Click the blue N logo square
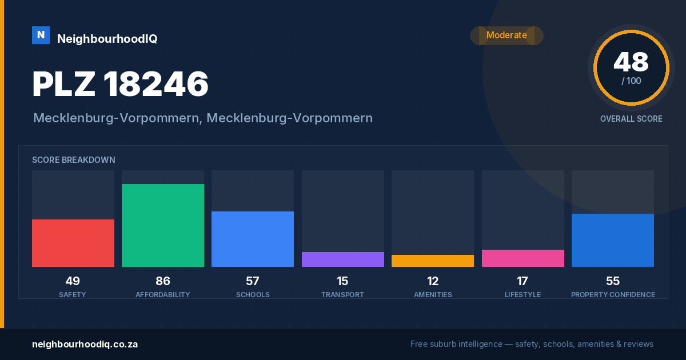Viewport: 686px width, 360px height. (x=41, y=35)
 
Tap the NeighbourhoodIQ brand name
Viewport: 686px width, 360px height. (x=107, y=39)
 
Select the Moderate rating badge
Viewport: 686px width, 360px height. (x=506, y=35)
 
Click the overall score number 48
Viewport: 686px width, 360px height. (x=631, y=62)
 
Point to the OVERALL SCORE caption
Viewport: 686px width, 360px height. (x=631, y=119)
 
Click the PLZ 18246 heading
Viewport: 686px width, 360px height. (x=121, y=84)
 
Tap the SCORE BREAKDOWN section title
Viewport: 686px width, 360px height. (x=74, y=160)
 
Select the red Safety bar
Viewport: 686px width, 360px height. (x=73, y=243)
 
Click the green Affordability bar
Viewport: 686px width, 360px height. (x=163, y=225)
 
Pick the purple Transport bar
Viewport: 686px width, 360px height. (x=343, y=259)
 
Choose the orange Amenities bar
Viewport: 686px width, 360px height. (x=433, y=261)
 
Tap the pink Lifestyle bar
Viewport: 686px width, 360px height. (x=523, y=258)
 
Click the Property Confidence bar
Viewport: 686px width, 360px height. (x=613, y=241)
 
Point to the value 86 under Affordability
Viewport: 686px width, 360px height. (x=162, y=281)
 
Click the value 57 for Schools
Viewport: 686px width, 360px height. (x=253, y=281)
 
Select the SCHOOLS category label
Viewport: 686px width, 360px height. (x=253, y=294)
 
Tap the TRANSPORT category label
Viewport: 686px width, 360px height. (x=342, y=294)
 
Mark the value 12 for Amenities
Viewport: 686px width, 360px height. (x=433, y=281)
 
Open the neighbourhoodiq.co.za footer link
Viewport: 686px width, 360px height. (x=85, y=345)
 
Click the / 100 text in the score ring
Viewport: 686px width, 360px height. (x=631, y=81)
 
